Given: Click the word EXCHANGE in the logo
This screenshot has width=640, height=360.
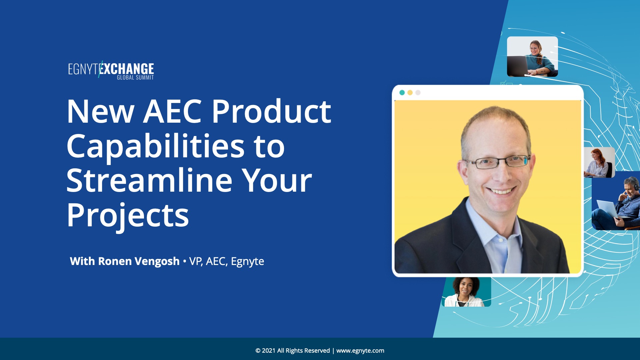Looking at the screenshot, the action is (x=127, y=69).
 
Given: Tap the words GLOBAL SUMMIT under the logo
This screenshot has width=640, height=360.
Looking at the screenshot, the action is (x=135, y=78).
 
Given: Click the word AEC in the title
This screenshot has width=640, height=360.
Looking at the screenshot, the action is (x=173, y=111).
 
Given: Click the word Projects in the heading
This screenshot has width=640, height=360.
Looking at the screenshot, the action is (x=128, y=216).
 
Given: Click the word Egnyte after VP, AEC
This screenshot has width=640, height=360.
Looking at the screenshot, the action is (x=247, y=261).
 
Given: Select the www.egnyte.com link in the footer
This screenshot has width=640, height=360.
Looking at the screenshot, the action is (x=360, y=351).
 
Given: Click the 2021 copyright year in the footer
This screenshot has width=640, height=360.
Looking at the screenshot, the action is (x=269, y=351).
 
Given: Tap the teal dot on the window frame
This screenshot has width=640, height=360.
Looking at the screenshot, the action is (x=402, y=93).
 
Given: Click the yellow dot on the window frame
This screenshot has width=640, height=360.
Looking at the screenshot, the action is (x=410, y=93).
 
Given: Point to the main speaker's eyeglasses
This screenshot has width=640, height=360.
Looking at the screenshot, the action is (x=498, y=162).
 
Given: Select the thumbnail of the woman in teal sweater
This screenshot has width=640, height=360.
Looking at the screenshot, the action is (x=532, y=57).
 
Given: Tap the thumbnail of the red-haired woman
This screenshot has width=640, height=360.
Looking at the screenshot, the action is (x=599, y=162).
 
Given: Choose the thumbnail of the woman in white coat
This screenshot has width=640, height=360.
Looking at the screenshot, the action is (x=466, y=292).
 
